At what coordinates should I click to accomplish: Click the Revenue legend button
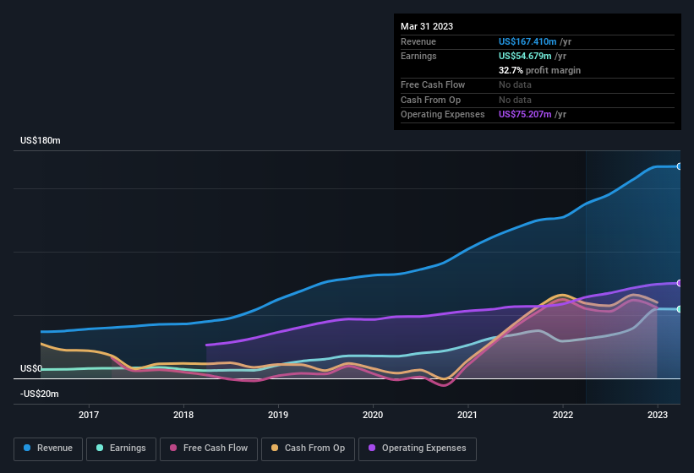click(49, 448)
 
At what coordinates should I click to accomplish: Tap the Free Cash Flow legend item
click(210, 448)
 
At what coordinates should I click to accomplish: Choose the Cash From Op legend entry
click(308, 448)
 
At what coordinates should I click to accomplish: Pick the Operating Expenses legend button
click(418, 448)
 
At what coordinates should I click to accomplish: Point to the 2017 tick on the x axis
click(89, 415)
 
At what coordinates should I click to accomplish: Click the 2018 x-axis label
click(183, 415)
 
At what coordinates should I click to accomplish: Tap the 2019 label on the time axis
click(278, 415)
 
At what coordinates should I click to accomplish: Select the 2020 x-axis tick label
click(373, 415)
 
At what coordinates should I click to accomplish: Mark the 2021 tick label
click(467, 415)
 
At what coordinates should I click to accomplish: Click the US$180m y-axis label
click(41, 140)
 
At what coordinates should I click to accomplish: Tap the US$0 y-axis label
click(31, 369)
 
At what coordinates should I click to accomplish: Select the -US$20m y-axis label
click(40, 394)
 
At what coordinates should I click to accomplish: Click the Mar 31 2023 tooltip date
click(427, 26)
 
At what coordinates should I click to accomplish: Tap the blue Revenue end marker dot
click(680, 166)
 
